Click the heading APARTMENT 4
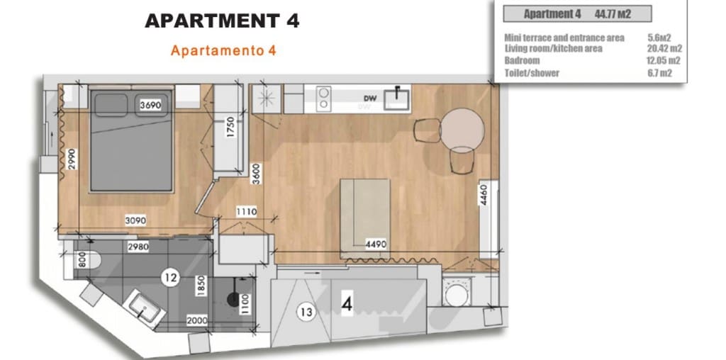pos(222,21)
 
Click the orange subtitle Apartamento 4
pos(223,51)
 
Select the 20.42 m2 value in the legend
pos(665,49)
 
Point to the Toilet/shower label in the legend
pos(532,73)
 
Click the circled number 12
pos(169,278)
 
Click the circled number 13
pos(306,311)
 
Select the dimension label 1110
pos(247,211)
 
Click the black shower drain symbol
pos(231,298)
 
